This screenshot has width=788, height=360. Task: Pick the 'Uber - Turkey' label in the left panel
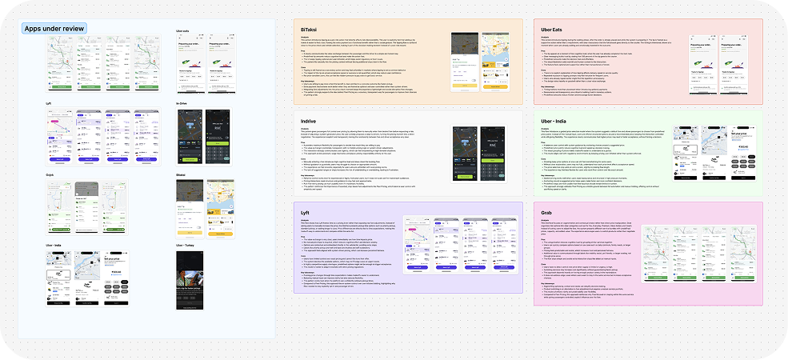[185, 244]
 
